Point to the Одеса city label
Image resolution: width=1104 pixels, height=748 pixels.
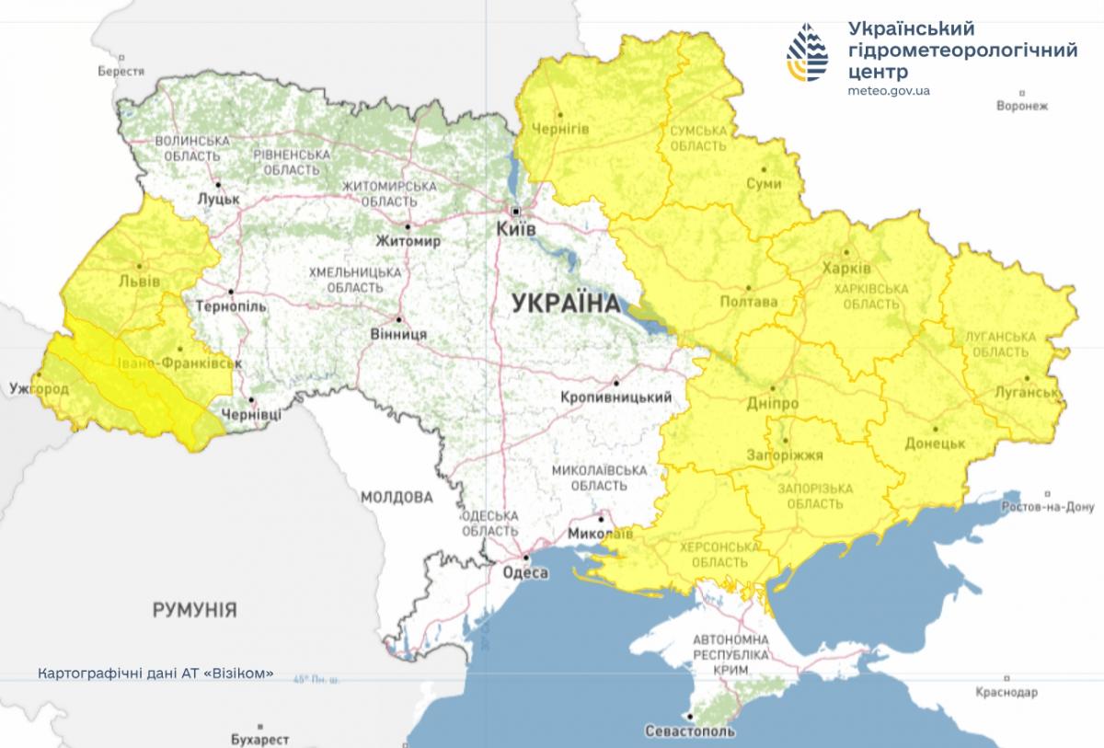[x=525, y=572]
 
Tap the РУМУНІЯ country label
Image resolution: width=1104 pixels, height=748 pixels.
[x=194, y=609]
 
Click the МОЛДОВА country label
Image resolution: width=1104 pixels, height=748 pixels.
[x=396, y=498]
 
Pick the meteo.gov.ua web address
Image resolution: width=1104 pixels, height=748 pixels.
[x=889, y=90]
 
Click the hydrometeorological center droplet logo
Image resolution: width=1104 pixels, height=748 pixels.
[x=807, y=53]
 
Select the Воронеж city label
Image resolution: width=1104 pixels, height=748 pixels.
[x=1022, y=106]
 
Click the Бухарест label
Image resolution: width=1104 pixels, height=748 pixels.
[x=260, y=739]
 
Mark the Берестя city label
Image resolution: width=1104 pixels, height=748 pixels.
[x=122, y=71]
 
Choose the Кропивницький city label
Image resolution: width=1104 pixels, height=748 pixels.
[x=614, y=397]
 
